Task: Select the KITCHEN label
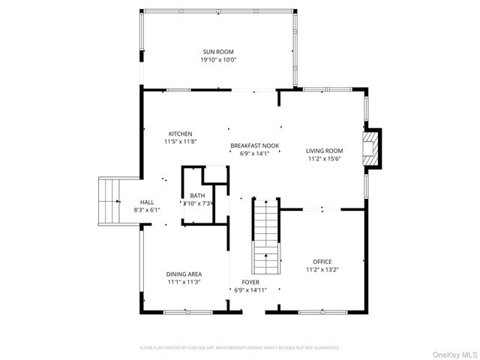tap(180, 133)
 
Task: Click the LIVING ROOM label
tap(324, 151)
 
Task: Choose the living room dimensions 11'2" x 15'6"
tap(324, 159)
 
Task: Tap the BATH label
tap(196, 196)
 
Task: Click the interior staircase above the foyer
tap(265, 235)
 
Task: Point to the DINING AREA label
tap(184, 274)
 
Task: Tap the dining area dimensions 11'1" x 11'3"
tap(184, 282)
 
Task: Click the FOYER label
tap(250, 281)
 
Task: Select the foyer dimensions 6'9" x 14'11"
tap(250, 289)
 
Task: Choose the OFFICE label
tap(322, 261)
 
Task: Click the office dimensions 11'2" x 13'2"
tap(322, 269)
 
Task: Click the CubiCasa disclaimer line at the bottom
tap(240, 348)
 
